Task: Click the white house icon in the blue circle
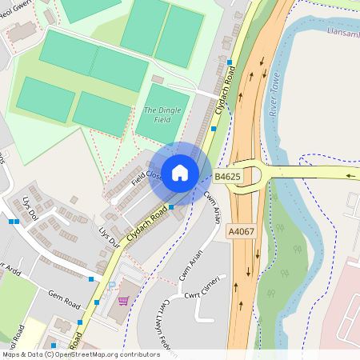click(x=180, y=172)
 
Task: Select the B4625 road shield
click(x=226, y=175)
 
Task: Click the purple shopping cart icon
click(x=123, y=301)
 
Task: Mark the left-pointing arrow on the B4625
click(x=350, y=174)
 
